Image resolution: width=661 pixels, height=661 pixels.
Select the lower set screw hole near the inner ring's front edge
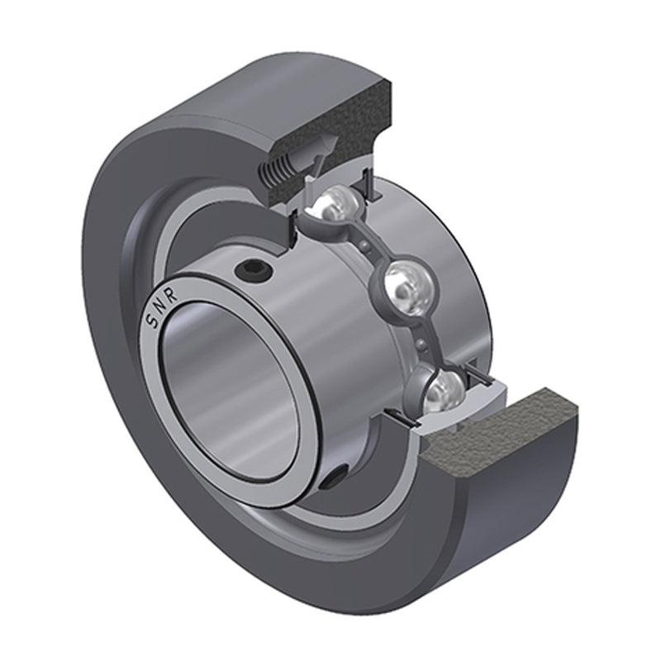tap(334, 477)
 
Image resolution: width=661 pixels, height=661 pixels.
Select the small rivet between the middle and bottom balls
tap(423, 341)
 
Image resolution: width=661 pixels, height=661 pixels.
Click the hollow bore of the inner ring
tap(223, 380)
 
